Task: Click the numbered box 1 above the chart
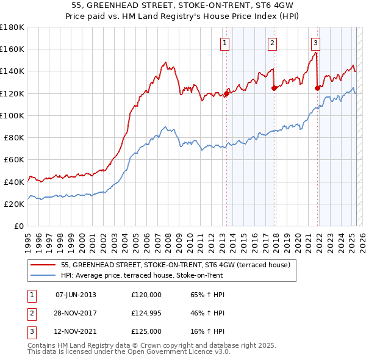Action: [225, 43]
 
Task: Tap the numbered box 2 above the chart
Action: [272, 43]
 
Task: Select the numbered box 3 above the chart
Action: [315, 43]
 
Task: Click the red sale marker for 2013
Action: [226, 93]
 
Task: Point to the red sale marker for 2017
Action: [274, 88]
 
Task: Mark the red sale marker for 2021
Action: [317, 88]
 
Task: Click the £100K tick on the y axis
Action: [12, 115]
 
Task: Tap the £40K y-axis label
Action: [14, 182]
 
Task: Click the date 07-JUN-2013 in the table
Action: [76, 295]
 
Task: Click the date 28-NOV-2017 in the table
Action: [76, 313]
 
